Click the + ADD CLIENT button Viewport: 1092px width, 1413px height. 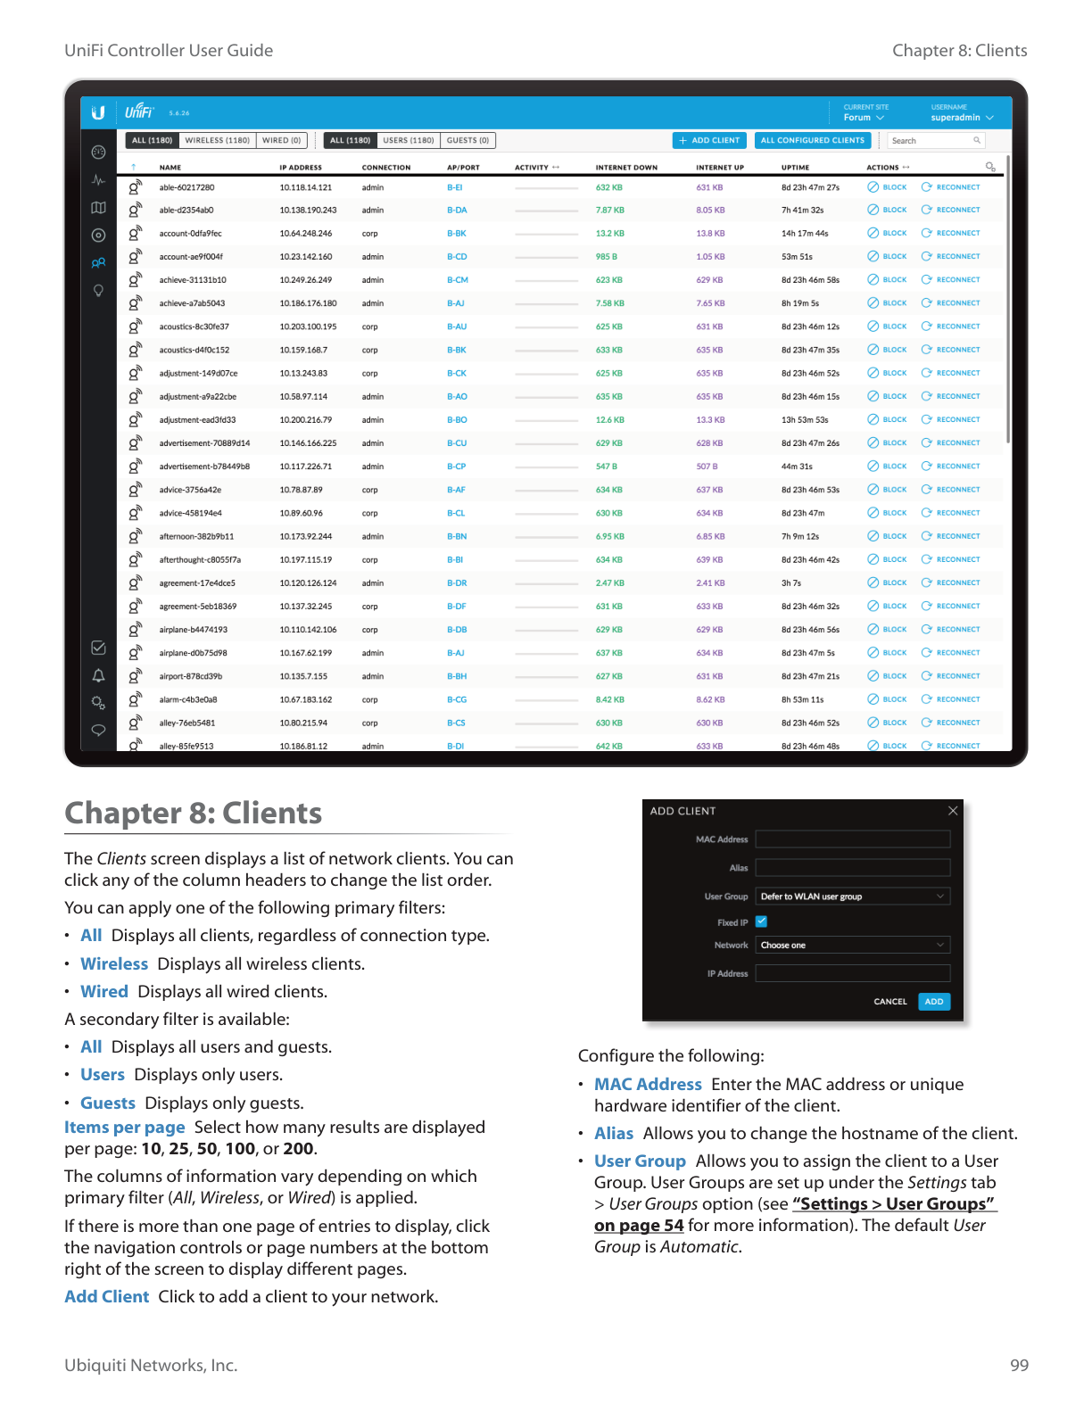click(709, 140)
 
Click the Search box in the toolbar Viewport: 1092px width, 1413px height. click(932, 141)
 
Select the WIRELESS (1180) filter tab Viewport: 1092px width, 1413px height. click(217, 140)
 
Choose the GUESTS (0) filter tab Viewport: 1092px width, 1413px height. click(467, 140)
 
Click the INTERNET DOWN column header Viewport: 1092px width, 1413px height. click(626, 168)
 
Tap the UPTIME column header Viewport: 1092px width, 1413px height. click(795, 168)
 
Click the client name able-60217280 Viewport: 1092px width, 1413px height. click(186, 187)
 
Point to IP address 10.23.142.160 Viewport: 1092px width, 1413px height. click(305, 257)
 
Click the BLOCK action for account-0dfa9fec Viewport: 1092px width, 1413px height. click(888, 234)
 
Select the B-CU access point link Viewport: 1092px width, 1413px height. click(457, 443)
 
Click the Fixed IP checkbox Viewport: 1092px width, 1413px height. click(762, 921)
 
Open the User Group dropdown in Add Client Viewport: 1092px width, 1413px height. click(852, 897)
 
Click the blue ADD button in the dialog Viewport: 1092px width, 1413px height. click(933, 1002)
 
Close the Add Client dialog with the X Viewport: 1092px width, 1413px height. click(953, 811)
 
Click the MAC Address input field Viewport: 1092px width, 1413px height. click(852, 839)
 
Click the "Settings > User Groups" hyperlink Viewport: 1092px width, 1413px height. click(893, 1204)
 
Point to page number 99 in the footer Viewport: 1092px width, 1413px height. click(1019, 1366)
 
